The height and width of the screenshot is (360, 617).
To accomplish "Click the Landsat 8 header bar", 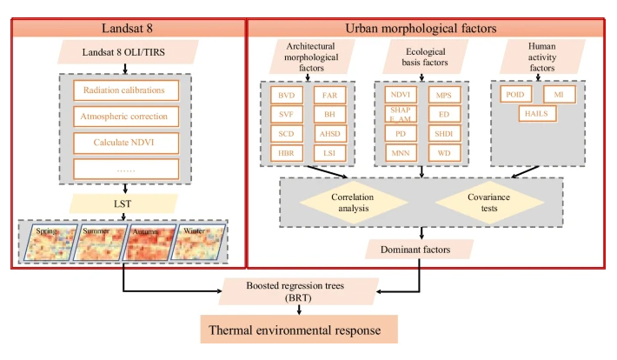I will click(x=127, y=28).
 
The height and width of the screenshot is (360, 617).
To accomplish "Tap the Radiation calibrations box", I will click(x=125, y=90).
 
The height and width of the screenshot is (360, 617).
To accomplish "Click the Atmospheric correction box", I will click(x=125, y=116).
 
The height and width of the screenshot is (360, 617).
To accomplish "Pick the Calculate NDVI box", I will click(x=125, y=141).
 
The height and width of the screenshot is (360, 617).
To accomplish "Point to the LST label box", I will click(x=125, y=203).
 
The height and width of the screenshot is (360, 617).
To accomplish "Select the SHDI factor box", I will click(x=443, y=134).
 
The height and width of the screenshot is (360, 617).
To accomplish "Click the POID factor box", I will click(x=514, y=93).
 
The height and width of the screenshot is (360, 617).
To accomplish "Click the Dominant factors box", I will click(x=421, y=250).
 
